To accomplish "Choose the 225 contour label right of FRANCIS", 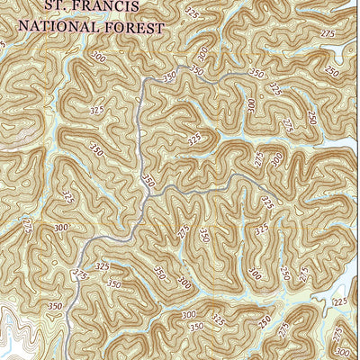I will [193, 13].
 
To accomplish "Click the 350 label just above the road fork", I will [148, 181].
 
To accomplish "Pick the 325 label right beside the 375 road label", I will [102, 267].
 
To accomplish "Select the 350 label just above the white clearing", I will [56, 306].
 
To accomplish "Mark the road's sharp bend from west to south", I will [143, 83].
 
